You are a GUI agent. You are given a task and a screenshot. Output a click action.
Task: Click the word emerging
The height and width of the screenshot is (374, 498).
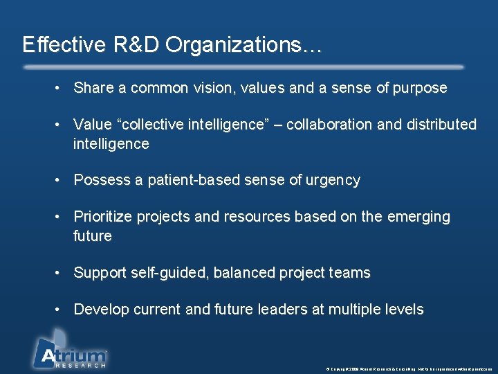418,217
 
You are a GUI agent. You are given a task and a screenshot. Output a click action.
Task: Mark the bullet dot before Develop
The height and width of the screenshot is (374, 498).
61,310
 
